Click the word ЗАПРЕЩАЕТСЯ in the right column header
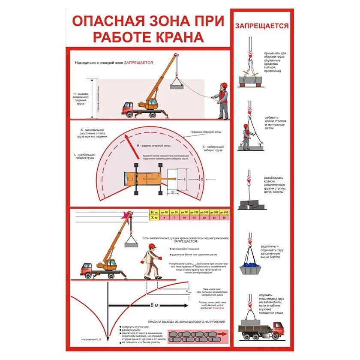pyautogui.click(x=261, y=26)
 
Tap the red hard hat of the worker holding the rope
pyautogui.click(x=223, y=85)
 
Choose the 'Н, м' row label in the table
pyautogui.click(x=153, y=212)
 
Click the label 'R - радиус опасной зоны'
pyautogui.click(x=153, y=146)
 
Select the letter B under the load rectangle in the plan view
pyautogui.click(x=172, y=193)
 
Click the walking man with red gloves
pyautogui.click(x=150, y=262)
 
